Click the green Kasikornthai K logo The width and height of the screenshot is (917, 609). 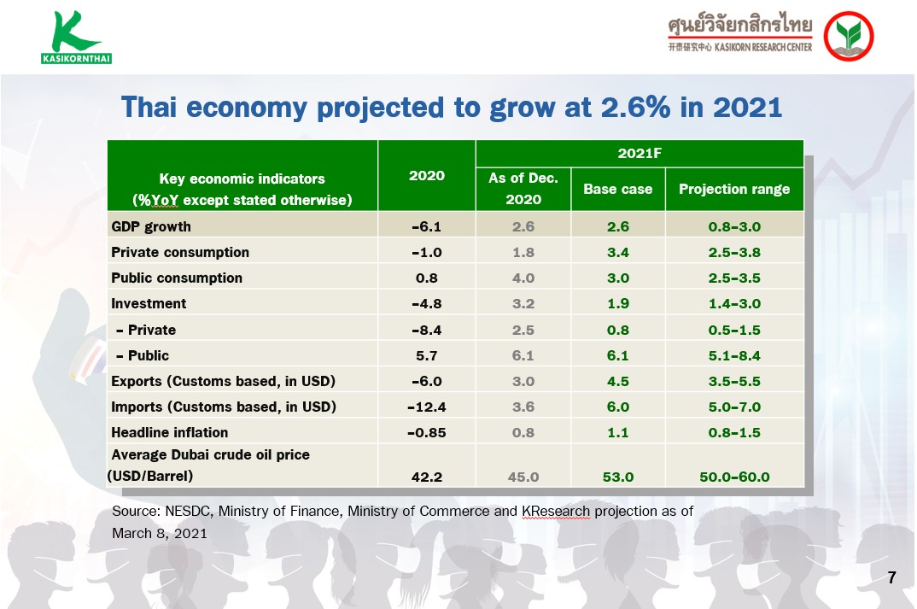[76, 37]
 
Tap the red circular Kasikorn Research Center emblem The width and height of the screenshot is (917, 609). [849, 36]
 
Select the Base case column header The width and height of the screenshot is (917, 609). [617, 189]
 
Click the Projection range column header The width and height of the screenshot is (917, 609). [734, 189]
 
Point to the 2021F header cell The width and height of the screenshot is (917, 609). [640, 153]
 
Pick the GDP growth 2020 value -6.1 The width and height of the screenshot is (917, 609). [426, 226]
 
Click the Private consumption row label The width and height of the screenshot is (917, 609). [180, 252]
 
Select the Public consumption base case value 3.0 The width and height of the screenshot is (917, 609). [617, 278]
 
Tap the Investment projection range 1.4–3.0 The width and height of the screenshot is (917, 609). [734, 303]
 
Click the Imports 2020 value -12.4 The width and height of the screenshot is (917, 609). [426, 407]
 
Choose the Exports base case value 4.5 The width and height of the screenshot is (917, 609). [617, 382]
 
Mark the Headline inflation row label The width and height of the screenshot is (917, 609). [170, 432]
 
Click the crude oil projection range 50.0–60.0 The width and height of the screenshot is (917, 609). [734, 477]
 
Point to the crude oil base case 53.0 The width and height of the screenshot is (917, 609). [617, 477]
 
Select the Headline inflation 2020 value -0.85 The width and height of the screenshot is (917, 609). [426, 432]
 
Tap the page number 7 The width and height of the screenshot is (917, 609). [891, 577]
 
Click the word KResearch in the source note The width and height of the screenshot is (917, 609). [556, 512]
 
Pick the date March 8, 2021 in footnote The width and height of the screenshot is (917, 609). [160, 534]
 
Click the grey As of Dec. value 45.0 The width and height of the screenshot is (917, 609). [523, 477]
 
